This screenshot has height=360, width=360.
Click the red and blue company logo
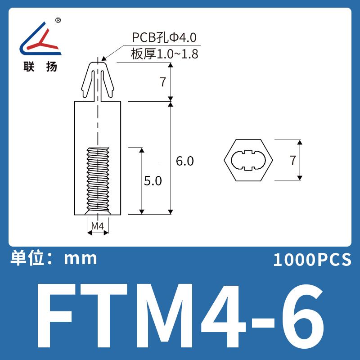[x=40, y=39]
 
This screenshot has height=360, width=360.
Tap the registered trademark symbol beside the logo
[x=58, y=20]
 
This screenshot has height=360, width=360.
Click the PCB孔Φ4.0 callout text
[x=164, y=37]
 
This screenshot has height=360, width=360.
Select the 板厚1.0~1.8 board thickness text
[x=164, y=54]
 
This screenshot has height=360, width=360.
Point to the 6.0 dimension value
[x=185, y=161]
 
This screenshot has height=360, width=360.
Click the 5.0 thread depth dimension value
[x=153, y=181]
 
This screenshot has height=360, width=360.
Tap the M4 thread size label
[x=98, y=226]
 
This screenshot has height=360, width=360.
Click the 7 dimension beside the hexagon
[x=292, y=160]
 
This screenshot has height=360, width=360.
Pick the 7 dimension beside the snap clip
[x=163, y=82]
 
